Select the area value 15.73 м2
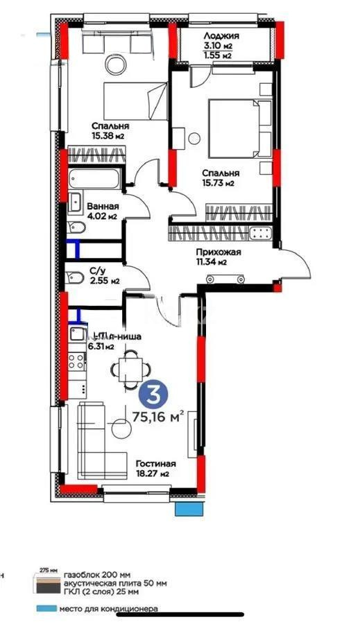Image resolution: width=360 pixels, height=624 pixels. [x=218, y=183]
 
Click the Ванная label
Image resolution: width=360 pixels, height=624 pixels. [x=103, y=207]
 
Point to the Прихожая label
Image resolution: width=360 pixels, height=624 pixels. [x=217, y=252]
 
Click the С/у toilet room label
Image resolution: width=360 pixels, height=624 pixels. [x=96, y=272]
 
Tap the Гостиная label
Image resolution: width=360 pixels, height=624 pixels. [x=155, y=464]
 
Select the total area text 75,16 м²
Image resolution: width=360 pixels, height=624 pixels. [x=157, y=417]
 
